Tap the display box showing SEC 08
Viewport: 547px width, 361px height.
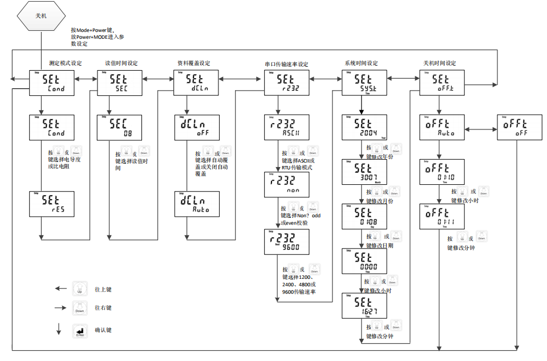[x=119, y=127]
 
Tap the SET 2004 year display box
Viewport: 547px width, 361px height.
[x=364, y=127]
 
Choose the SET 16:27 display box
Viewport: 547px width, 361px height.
[x=364, y=306]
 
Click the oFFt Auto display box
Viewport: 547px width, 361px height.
[x=441, y=127]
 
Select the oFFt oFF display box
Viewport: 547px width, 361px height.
[x=519, y=127]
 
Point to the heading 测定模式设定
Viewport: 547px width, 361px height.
[x=66, y=63]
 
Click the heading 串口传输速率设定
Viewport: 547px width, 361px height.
[x=286, y=64]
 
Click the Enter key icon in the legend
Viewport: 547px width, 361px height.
[x=80, y=331]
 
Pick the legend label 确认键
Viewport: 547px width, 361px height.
[x=103, y=330]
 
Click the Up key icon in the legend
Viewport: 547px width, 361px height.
[x=80, y=288]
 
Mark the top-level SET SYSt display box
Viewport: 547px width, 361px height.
[x=364, y=83]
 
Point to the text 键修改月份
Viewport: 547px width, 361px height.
[x=379, y=201]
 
